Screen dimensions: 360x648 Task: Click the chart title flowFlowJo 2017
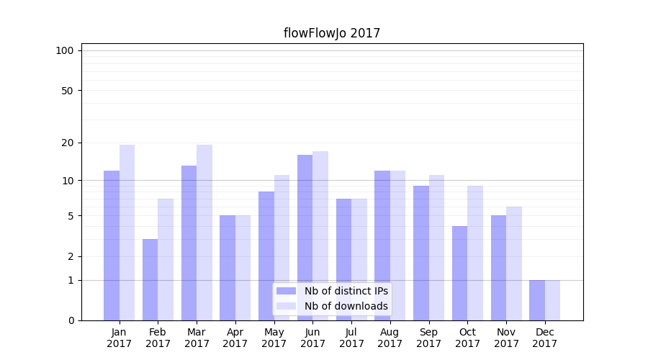point(331,33)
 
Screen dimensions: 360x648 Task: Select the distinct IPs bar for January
point(112,245)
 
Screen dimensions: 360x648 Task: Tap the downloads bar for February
point(166,259)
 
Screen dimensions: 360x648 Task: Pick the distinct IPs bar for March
point(189,243)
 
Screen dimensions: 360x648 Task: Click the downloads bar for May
point(282,247)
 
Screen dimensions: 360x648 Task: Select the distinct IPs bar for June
point(305,238)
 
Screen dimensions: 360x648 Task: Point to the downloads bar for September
point(437,247)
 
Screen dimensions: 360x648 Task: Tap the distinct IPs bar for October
point(460,273)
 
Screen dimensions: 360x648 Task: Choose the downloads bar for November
point(514,263)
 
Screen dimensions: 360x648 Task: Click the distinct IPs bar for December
point(537,300)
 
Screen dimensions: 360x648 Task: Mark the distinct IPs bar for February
point(150,279)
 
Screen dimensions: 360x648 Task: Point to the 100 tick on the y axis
point(65,50)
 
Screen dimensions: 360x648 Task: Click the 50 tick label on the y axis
point(67,91)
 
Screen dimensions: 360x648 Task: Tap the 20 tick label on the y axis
point(67,143)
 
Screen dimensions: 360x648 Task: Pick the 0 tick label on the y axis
point(71,320)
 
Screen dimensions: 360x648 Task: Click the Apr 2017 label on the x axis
point(235,338)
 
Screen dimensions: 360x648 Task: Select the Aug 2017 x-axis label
point(390,338)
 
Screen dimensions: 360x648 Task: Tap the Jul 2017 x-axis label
point(351,338)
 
